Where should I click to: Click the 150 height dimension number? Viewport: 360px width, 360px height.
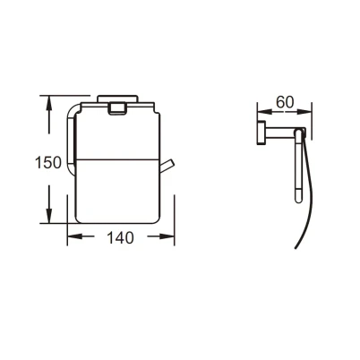click(x=48, y=163)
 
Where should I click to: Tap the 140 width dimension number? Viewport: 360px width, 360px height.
click(x=120, y=238)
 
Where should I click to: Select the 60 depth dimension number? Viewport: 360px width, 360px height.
click(x=285, y=102)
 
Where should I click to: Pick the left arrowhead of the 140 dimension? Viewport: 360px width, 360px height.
click(x=74, y=236)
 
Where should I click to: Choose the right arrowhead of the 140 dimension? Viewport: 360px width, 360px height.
click(x=167, y=236)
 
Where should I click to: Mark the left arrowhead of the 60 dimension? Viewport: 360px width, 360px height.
click(x=264, y=112)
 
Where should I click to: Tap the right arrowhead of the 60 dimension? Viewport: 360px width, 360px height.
click(x=304, y=112)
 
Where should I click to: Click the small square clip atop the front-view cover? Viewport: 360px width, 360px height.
click(x=117, y=108)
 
